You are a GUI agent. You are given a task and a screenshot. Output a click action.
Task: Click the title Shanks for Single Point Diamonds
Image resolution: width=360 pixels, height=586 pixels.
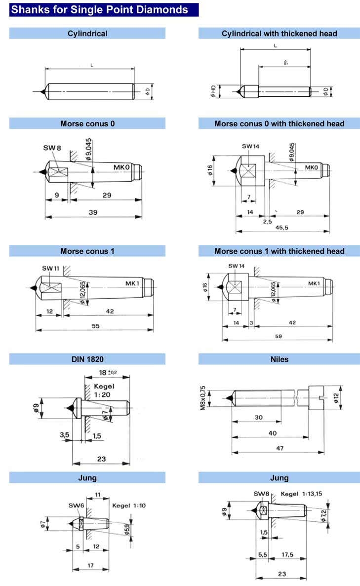(99, 10)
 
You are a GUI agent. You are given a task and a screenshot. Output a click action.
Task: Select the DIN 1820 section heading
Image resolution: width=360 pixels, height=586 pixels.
(87, 359)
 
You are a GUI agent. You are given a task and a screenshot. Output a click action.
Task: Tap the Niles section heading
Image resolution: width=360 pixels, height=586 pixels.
(279, 359)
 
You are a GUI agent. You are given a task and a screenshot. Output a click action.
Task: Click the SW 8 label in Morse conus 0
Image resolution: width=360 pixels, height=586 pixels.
(52, 148)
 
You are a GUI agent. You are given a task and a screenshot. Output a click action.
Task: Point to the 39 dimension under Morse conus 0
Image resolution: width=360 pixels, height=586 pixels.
(93, 212)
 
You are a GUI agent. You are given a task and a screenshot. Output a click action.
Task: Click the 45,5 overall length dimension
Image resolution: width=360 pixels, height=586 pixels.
(282, 227)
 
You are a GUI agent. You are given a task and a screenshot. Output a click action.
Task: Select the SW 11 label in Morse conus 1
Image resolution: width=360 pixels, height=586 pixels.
(50, 269)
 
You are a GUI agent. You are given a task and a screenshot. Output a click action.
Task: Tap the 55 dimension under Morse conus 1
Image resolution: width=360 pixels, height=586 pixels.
(96, 326)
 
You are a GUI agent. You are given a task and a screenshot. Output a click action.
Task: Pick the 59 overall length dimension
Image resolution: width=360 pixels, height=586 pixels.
(279, 336)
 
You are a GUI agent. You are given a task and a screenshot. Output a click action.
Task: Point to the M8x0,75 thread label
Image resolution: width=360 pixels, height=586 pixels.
(202, 398)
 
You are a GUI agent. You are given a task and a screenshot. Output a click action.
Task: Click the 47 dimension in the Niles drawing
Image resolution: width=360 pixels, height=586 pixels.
(280, 448)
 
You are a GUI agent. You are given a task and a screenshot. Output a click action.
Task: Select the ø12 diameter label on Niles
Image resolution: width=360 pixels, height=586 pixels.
(336, 398)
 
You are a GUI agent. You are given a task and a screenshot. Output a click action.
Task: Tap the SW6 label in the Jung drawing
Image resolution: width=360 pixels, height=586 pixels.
(76, 505)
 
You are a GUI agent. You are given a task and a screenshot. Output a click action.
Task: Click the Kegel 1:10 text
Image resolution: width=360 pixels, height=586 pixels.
(129, 505)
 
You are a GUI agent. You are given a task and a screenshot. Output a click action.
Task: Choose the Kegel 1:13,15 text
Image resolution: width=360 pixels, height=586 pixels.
(301, 494)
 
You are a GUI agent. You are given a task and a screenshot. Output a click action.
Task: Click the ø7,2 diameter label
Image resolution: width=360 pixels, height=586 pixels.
(324, 516)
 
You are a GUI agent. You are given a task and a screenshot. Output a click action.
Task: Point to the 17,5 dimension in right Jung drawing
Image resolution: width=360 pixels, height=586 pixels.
(287, 554)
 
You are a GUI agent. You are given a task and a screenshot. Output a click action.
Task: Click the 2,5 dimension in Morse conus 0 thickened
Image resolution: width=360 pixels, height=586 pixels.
(267, 222)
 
